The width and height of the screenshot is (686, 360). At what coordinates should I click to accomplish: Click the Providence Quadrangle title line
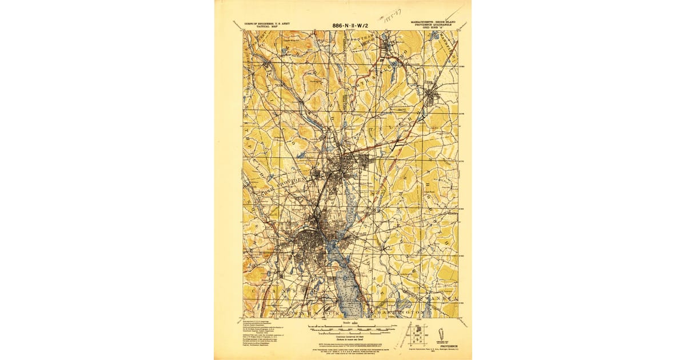tap(434, 25)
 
